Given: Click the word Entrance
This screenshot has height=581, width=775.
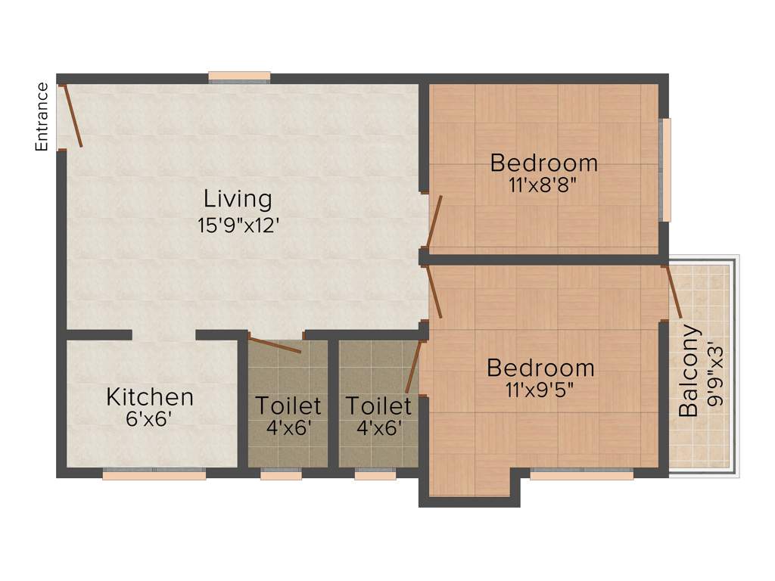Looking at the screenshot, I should pyautogui.click(x=42, y=117).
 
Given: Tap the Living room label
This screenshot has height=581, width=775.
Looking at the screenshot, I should pyautogui.click(x=238, y=199).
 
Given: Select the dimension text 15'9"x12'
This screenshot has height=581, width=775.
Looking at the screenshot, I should pyautogui.click(x=238, y=225).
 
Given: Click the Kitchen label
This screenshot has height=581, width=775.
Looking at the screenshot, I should pyautogui.click(x=150, y=396).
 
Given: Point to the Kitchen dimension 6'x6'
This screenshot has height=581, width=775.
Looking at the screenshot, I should pyautogui.click(x=150, y=419).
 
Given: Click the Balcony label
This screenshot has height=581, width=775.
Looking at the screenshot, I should pyautogui.click(x=689, y=371).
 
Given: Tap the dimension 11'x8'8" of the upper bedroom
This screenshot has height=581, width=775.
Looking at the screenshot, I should pyautogui.click(x=543, y=185).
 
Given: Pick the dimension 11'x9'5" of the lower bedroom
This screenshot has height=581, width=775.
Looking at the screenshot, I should pyautogui.click(x=540, y=390).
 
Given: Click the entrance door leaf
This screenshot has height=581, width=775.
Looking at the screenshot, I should pyautogui.click(x=73, y=116).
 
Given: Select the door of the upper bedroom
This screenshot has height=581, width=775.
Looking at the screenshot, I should pyautogui.click(x=434, y=222).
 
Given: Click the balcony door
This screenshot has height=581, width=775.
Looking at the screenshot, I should pyautogui.click(x=674, y=291).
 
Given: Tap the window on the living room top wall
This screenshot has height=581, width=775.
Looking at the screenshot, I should pyautogui.click(x=239, y=76).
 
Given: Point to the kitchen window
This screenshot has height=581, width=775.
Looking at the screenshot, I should pyautogui.click(x=154, y=475).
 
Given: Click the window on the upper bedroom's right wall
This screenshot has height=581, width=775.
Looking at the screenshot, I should pyautogui.click(x=666, y=169).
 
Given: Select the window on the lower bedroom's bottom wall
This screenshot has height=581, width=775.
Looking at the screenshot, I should pyautogui.click(x=581, y=475).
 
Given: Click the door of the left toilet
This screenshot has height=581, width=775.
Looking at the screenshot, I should pyautogui.click(x=275, y=345).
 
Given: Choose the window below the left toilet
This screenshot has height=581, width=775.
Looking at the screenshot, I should pyautogui.click(x=281, y=475).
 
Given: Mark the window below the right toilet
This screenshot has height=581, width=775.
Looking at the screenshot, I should pyautogui.click(x=375, y=475).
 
